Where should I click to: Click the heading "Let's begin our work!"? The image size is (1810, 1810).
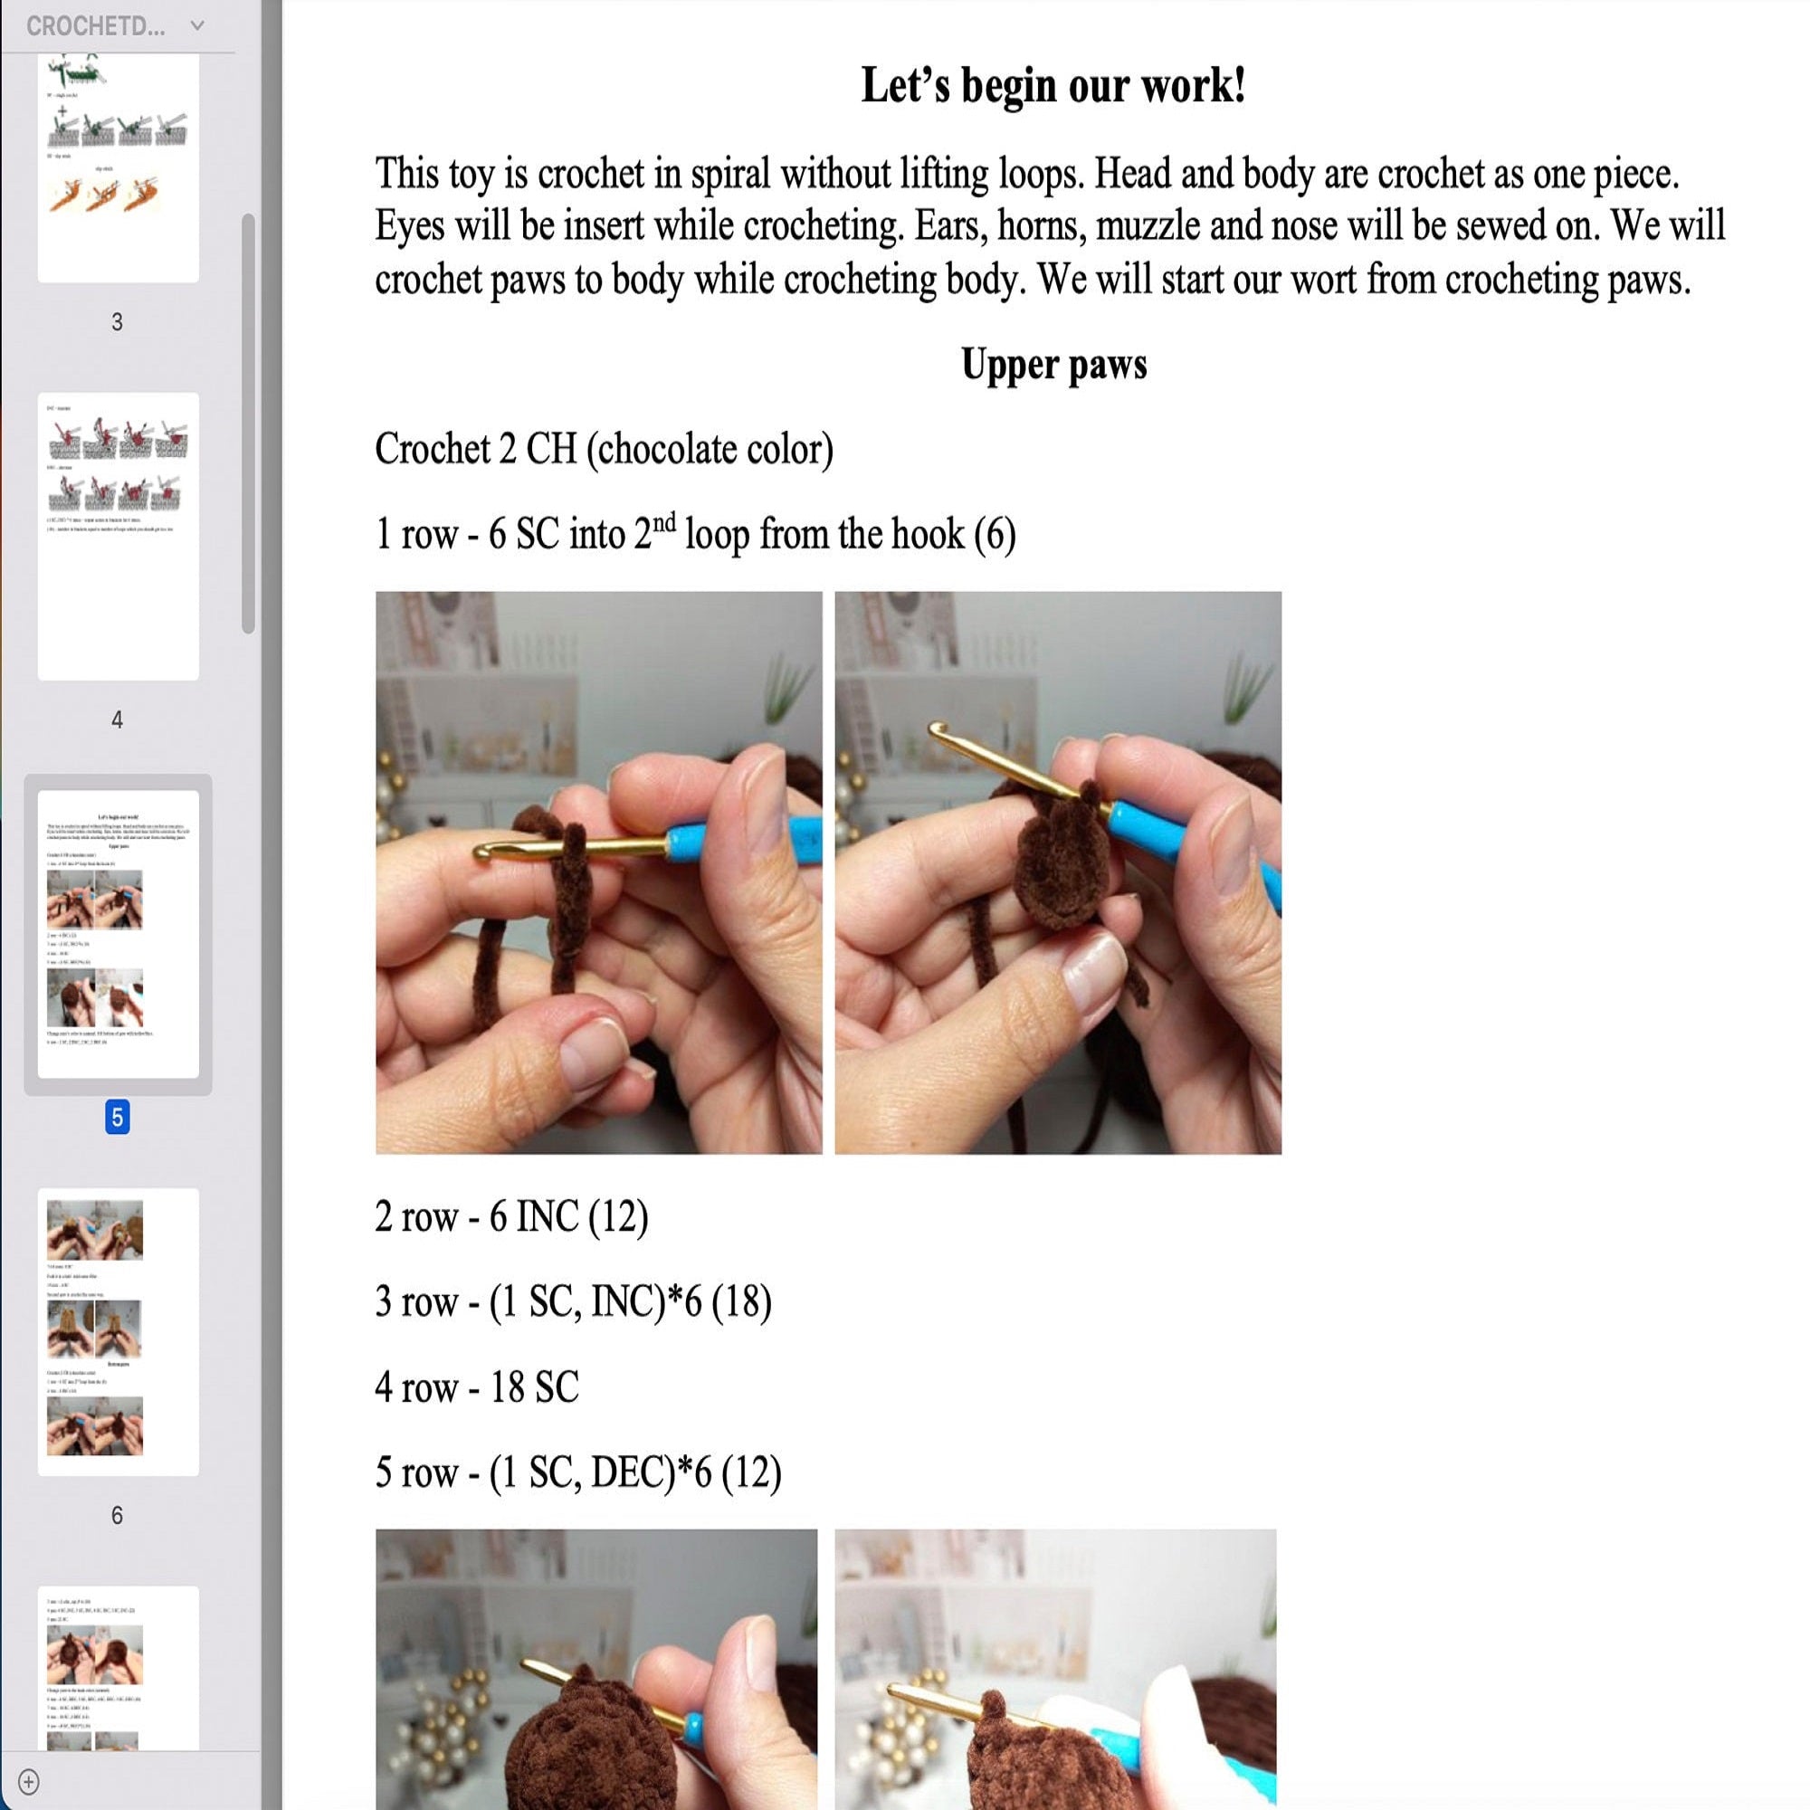point(1053,86)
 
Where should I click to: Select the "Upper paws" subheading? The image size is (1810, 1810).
point(1053,365)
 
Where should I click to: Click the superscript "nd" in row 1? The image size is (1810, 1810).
point(663,522)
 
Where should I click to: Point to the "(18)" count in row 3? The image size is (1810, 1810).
point(741,1302)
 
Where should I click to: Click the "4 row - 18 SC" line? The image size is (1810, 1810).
point(477,1387)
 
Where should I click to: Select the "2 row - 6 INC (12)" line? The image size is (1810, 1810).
point(511,1217)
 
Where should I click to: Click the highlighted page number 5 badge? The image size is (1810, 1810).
point(117,1117)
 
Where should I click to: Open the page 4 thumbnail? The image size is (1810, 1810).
point(118,536)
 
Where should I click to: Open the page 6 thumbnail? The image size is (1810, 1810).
point(118,1331)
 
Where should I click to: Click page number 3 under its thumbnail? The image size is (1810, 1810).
point(117,322)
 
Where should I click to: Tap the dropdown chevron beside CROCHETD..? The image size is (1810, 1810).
point(196,26)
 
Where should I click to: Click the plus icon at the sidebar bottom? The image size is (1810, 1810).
point(28,1781)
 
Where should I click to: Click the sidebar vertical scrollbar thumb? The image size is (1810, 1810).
point(248,422)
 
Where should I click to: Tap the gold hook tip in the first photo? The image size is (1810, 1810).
point(483,852)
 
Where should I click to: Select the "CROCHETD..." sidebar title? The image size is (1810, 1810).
point(96,26)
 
